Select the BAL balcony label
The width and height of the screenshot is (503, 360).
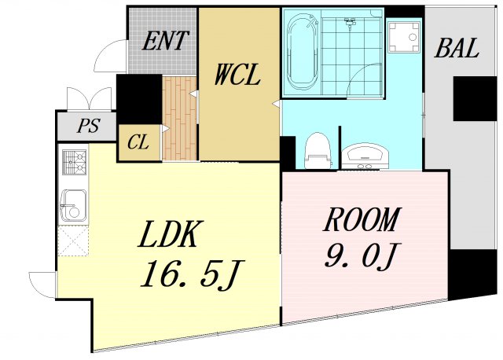pyautogui.click(x=456, y=49)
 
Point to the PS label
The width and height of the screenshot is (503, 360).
pyautogui.click(x=86, y=127)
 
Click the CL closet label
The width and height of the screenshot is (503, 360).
pyautogui.click(x=138, y=143)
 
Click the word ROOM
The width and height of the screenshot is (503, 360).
pyautogui.click(x=362, y=221)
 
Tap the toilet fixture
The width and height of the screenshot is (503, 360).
pyautogui.click(x=317, y=150)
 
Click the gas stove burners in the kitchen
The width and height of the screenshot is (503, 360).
pyautogui.click(x=74, y=163)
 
